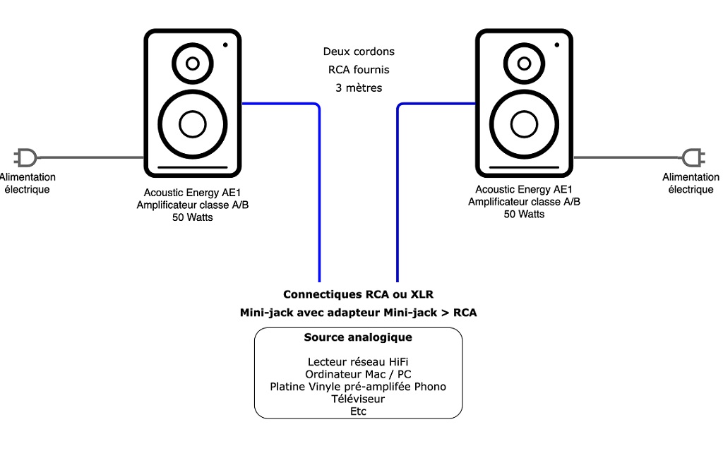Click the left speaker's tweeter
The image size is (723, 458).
click(193, 64)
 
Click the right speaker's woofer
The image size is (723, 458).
click(524, 124)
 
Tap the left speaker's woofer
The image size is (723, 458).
click(193, 124)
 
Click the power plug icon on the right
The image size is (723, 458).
click(694, 157)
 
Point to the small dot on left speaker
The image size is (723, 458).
click(225, 45)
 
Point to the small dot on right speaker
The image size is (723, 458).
click(556, 45)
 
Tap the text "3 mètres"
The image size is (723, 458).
click(359, 88)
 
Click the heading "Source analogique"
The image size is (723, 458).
click(358, 337)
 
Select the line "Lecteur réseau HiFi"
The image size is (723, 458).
click(358, 362)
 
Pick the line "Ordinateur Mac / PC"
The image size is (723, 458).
click(358, 375)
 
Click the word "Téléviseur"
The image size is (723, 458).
click(358, 399)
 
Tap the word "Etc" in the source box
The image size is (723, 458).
click(358, 411)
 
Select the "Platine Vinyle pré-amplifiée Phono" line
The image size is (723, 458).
click(358, 387)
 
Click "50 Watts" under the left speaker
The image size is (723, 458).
click(193, 217)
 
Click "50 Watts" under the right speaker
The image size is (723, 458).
click(524, 214)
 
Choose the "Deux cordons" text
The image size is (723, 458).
click(359, 52)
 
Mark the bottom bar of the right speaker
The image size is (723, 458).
click(524, 168)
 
